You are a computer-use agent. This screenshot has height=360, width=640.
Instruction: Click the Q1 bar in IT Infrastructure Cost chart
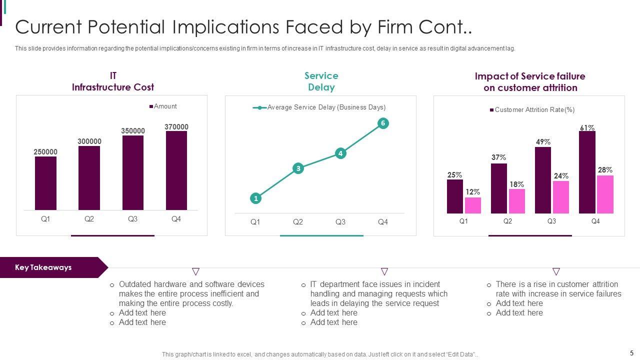tap(45, 183)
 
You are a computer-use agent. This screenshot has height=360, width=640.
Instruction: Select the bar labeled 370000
tap(176, 170)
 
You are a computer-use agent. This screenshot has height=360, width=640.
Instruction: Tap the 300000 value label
tap(89, 141)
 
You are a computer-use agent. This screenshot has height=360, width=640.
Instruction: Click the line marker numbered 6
tap(383, 123)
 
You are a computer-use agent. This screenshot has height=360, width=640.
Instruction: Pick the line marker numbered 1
tap(255, 198)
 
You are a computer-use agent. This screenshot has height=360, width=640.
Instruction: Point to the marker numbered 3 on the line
tap(298, 168)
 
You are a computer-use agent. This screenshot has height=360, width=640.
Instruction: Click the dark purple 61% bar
tap(587, 172)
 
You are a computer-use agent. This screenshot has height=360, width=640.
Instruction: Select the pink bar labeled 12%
tap(473, 205)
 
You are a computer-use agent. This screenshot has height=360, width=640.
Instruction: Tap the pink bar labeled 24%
tap(561, 197)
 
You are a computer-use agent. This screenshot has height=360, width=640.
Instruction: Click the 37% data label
tap(498, 157)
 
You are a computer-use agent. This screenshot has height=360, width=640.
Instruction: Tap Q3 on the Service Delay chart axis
tap(340, 222)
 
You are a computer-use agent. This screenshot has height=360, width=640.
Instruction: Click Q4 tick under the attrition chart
tap(595, 221)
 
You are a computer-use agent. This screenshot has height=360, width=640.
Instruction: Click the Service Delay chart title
tap(321, 81)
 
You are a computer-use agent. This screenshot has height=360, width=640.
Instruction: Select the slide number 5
tap(631, 352)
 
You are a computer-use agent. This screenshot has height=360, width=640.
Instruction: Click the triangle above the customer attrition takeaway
tap(556, 271)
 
